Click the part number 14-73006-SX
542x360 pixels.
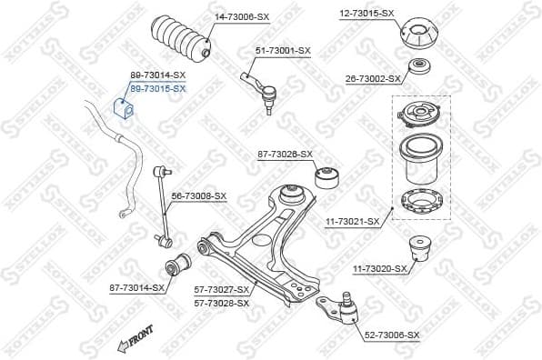click(243, 16)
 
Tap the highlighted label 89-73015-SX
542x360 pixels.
click(157, 88)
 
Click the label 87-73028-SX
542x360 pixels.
click(284, 155)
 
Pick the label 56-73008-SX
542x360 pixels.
click(198, 195)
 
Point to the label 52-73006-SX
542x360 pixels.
click(392, 335)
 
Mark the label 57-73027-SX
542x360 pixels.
click(221, 290)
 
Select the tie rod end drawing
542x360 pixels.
click(263, 88)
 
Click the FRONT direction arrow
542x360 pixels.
click(133, 339)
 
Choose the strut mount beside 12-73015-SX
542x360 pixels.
click(420, 35)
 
